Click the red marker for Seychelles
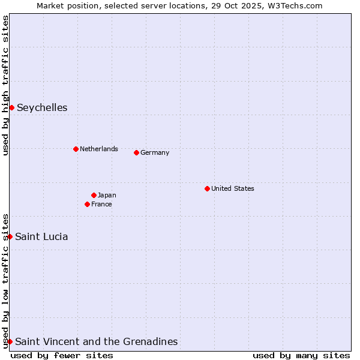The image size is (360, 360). click(11, 107)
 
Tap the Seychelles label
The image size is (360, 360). click(42, 108)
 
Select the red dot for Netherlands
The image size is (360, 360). click(76, 149)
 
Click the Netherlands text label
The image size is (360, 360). click(98, 149)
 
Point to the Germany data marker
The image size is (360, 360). click(136, 152)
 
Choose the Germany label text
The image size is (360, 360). click(155, 152)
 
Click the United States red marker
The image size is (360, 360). click(207, 188)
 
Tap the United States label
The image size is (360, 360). click(232, 188)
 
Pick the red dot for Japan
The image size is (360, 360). click(94, 195)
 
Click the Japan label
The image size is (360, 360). click(107, 195)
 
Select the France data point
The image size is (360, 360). click(87, 204)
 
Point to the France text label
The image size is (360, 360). click(101, 204)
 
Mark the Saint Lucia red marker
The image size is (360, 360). click(10, 236)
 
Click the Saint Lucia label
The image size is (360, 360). click(41, 236)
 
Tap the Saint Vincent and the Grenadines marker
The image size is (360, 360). click(10, 341)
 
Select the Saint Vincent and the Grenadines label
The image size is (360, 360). click(96, 341)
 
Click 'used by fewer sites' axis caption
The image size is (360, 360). click(62, 355)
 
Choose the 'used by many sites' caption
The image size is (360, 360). click(301, 355)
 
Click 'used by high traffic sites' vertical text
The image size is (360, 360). click(5, 85)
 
